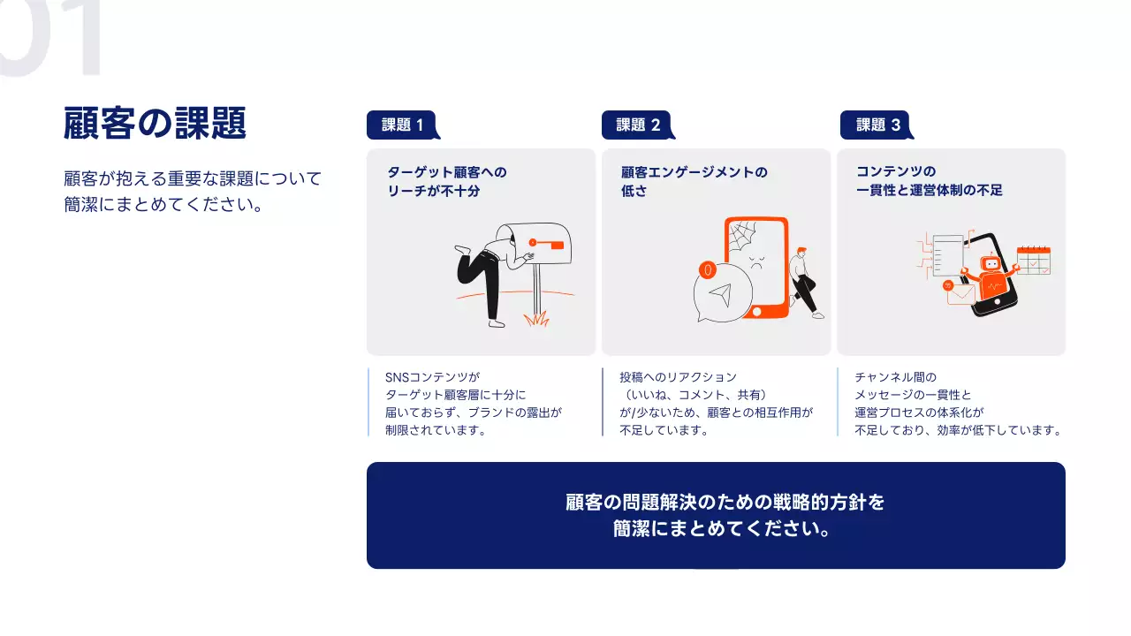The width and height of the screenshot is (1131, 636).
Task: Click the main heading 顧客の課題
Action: coord(155,124)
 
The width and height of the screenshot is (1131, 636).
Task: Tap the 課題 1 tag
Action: coord(402,125)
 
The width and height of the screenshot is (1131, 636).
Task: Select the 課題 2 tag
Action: coord(637,125)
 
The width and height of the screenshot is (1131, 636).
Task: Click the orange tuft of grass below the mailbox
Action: coord(535,318)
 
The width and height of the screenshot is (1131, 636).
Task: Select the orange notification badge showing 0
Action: coord(707,269)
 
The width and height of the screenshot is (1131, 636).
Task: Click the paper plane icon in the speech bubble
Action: coord(722,295)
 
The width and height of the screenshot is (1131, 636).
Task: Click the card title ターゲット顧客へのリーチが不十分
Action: coord(447,181)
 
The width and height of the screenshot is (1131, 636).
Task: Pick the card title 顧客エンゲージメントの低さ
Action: coord(694,181)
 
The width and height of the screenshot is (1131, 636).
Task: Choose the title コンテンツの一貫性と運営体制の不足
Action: coord(929,181)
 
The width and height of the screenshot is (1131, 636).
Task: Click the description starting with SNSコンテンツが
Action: coord(474,404)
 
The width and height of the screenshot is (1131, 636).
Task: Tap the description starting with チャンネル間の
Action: coord(957,404)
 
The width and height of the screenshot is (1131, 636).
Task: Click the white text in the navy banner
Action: coord(725,516)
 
